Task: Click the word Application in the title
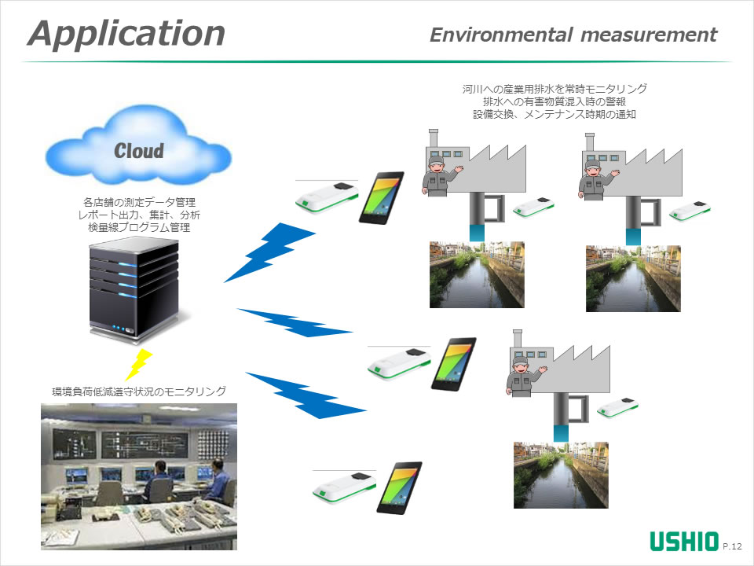(126, 34)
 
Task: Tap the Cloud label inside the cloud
(139, 150)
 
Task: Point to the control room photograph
(139, 476)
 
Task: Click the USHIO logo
(683, 542)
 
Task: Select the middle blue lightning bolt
(294, 323)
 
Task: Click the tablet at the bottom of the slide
(399, 487)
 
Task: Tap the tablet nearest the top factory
(382, 197)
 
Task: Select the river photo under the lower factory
(561, 474)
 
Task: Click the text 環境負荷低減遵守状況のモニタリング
(139, 391)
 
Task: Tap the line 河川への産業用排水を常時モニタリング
(555, 89)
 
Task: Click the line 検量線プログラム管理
(139, 228)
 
